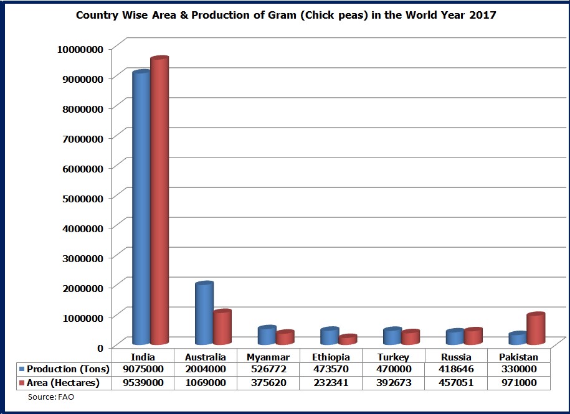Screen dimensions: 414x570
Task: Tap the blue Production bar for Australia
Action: tap(204, 314)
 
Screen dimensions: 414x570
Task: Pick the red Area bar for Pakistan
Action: tap(535, 329)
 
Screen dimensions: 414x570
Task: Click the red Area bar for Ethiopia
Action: tap(348, 340)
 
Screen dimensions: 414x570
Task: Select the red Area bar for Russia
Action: tap(473, 336)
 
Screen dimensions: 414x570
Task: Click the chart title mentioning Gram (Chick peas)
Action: tap(286, 15)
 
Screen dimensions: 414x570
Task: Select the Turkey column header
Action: tap(394, 357)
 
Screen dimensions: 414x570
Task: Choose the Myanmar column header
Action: tap(268, 357)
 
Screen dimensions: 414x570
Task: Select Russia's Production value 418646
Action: tap(455, 369)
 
